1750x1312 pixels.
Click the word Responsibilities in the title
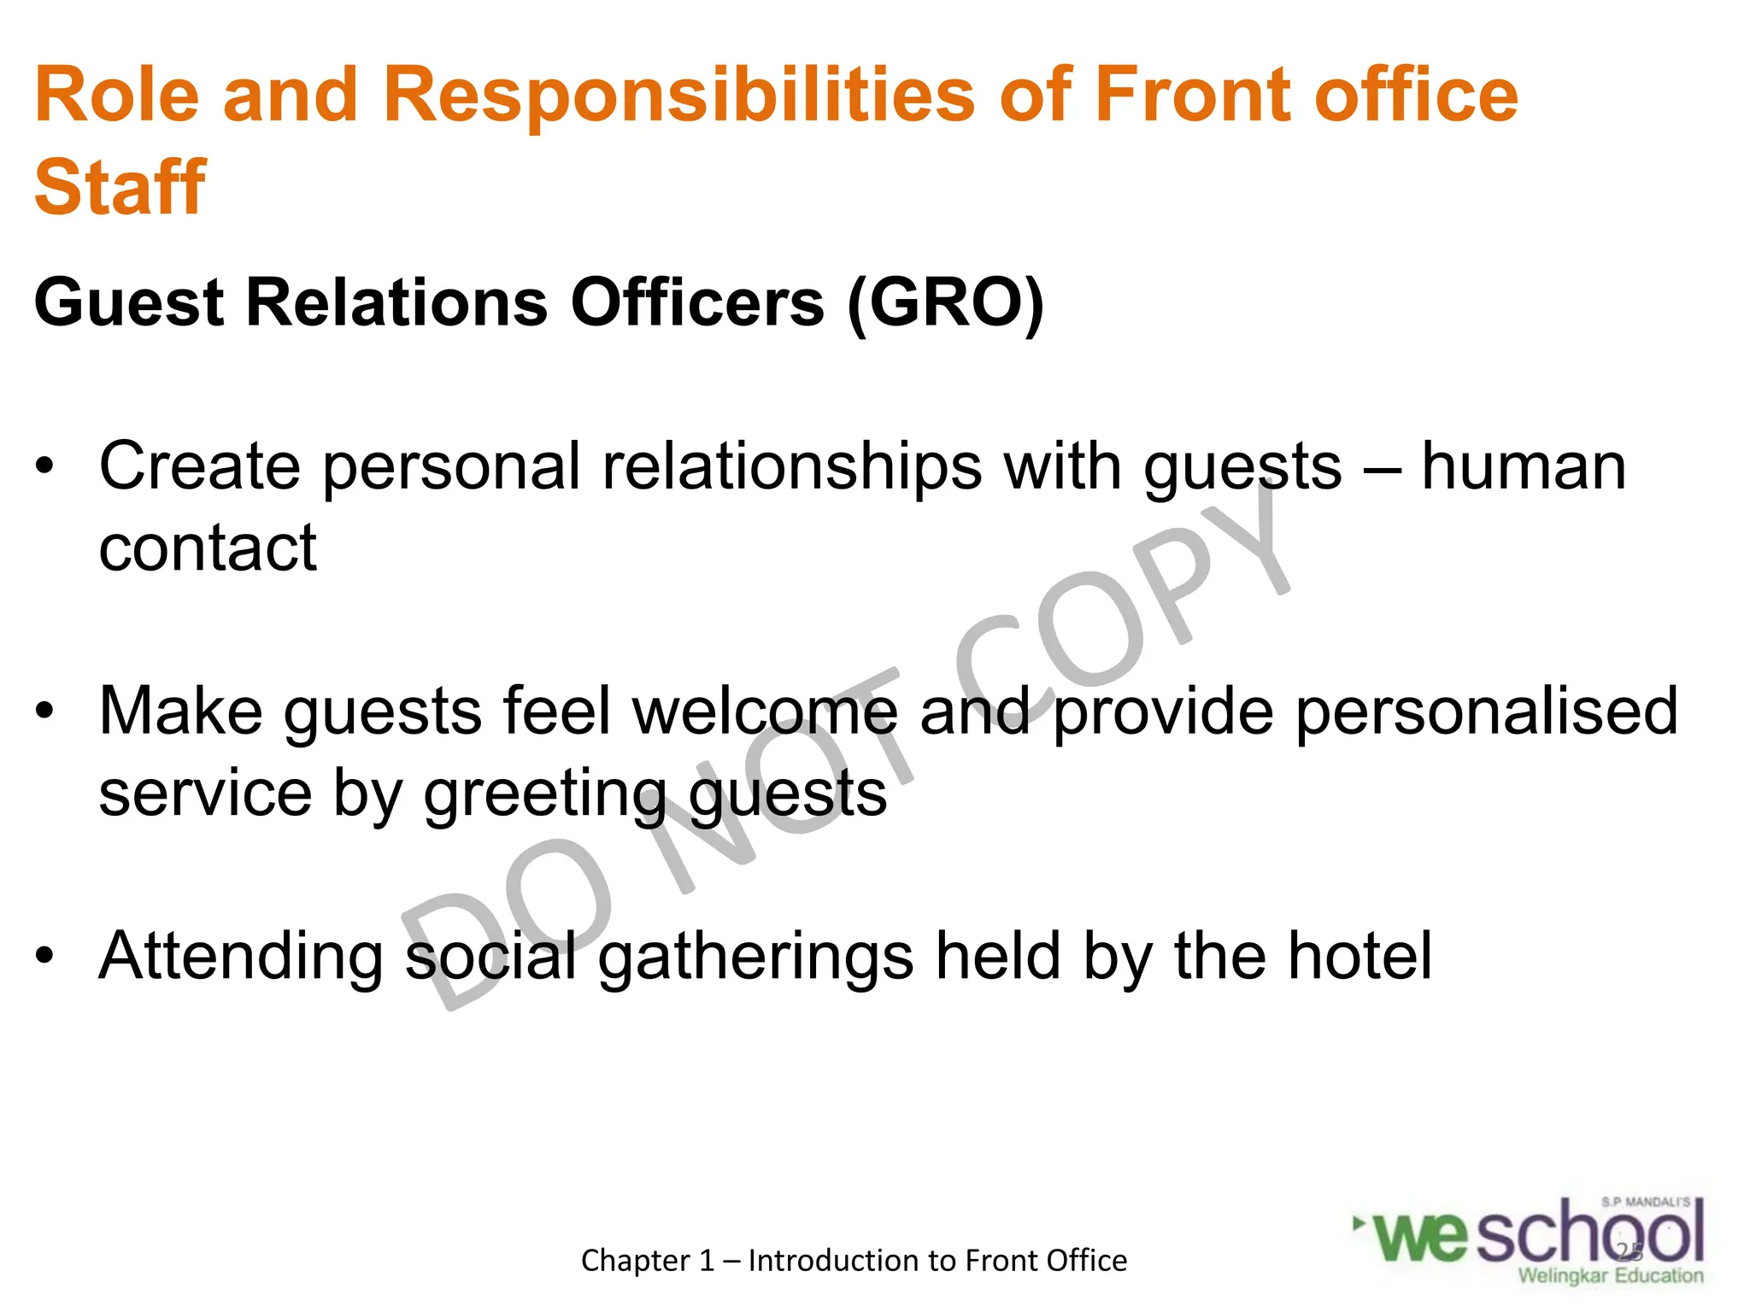[x=679, y=96]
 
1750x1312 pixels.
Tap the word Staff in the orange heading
[x=120, y=188]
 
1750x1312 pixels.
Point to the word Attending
[x=241, y=957]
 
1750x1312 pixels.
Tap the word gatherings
[x=755, y=957]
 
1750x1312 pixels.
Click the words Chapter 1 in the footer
[x=647, y=1261]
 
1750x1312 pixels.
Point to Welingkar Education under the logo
[x=1610, y=1276]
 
